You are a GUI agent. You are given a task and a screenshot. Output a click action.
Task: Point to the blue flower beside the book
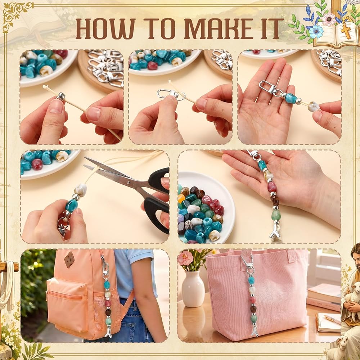tap(316, 31)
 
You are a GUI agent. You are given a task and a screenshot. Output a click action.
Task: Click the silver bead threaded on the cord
tap(61, 96)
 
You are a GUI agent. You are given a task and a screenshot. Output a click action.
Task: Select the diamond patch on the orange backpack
tap(69, 260)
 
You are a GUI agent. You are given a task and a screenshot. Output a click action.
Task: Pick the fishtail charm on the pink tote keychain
tap(255, 330)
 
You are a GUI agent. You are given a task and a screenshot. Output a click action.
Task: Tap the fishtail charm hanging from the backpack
tap(108, 333)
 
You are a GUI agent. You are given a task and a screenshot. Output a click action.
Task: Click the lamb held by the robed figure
tap(352, 296)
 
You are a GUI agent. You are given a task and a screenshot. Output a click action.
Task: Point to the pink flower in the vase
tap(185, 258)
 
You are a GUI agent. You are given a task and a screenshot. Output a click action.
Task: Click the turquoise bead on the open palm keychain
tap(291, 98)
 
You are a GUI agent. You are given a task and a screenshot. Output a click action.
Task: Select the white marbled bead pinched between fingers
tap(314, 107)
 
